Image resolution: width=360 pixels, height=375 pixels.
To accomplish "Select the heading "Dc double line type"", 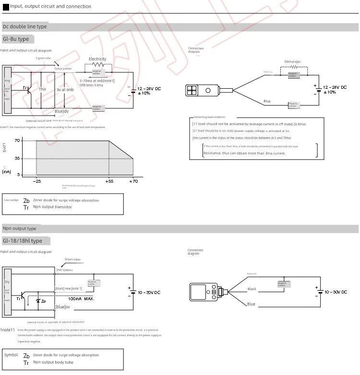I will coord(24,27).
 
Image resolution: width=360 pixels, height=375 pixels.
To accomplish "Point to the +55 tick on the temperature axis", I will coord(109,182).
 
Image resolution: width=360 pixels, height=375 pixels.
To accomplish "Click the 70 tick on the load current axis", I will coord(17,141).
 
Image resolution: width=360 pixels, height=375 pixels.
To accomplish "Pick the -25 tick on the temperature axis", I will coord(37,182).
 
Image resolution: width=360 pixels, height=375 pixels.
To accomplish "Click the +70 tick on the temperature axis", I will coord(133,182).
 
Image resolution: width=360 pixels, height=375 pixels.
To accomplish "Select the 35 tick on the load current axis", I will coord(17,158).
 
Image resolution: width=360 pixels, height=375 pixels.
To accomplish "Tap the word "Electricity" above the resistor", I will coord(97,59).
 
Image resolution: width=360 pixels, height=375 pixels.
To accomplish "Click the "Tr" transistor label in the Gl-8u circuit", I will coord(25,88).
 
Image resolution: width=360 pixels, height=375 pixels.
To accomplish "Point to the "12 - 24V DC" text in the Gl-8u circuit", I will coord(149,89).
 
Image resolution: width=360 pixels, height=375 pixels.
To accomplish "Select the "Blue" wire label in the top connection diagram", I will coord(267,101).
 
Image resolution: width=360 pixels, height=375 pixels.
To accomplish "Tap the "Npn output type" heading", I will coord(19,229).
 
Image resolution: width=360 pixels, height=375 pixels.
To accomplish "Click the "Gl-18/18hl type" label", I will coord(22,241).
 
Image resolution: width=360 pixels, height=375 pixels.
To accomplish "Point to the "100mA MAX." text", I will coord(81,299).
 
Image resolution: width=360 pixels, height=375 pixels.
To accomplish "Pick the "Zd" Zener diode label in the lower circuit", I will coord(43,301).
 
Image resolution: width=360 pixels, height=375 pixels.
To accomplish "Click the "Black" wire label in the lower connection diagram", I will coord(252,289).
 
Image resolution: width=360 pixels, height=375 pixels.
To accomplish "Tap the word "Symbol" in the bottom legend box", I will coord(11,355).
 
